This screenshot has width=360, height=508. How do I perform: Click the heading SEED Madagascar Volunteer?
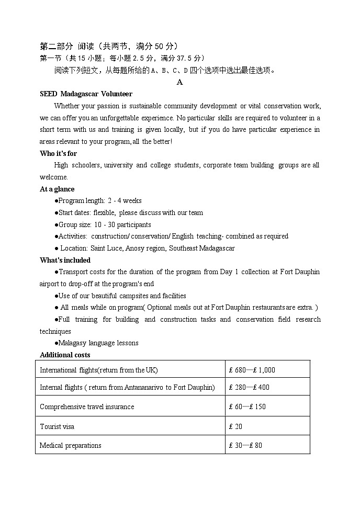pyautogui.click(x=86, y=94)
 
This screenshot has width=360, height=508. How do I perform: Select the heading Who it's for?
pyautogui.click(x=58, y=153)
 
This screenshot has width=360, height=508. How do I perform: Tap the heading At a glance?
pyautogui.click(x=57, y=189)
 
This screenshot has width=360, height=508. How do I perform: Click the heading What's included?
pyautogui.click(x=65, y=260)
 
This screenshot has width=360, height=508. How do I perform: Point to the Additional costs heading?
pyautogui.click(x=65, y=355)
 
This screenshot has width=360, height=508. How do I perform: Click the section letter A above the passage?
pyautogui.click(x=179, y=82)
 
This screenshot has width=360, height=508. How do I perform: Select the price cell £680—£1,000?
pyautogui.click(x=252, y=370)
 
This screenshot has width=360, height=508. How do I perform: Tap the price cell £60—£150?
pyautogui.click(x=247, y=407)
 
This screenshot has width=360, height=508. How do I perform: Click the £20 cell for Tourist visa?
pyautogui.click(x=235, y=426)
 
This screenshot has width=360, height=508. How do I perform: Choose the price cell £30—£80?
pyautogui.click(x=245, y=445)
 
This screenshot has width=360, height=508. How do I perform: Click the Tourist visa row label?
pyautogui.click(x=57, y=426)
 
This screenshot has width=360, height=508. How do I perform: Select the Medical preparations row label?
pyautogui.click(x=71, y=445)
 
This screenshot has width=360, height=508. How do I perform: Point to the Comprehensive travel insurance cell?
pyautogui.click(x=87, y=407)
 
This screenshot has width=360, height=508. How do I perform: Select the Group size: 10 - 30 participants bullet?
pyautogui.click(x=104, y=224)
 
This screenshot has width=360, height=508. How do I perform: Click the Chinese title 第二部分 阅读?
pyautogui.click(x=75, y=46)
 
